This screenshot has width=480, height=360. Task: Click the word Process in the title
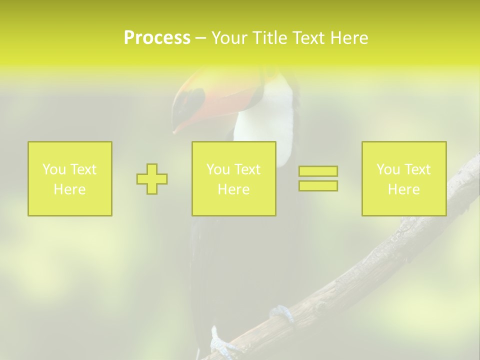pos(157,38)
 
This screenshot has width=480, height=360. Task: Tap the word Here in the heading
pos(349,38)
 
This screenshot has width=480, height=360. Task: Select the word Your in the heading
pos(229,38)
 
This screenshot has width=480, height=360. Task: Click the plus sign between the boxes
pos(152,179)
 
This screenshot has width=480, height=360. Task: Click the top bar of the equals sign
pos(318,171)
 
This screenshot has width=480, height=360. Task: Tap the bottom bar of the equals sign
pos(318,185)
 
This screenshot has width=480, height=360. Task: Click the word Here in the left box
pos(69,189)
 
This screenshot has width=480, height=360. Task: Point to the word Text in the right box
pos(417,169)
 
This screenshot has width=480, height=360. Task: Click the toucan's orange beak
pos(192,115)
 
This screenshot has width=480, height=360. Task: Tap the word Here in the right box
pos(403,189)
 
